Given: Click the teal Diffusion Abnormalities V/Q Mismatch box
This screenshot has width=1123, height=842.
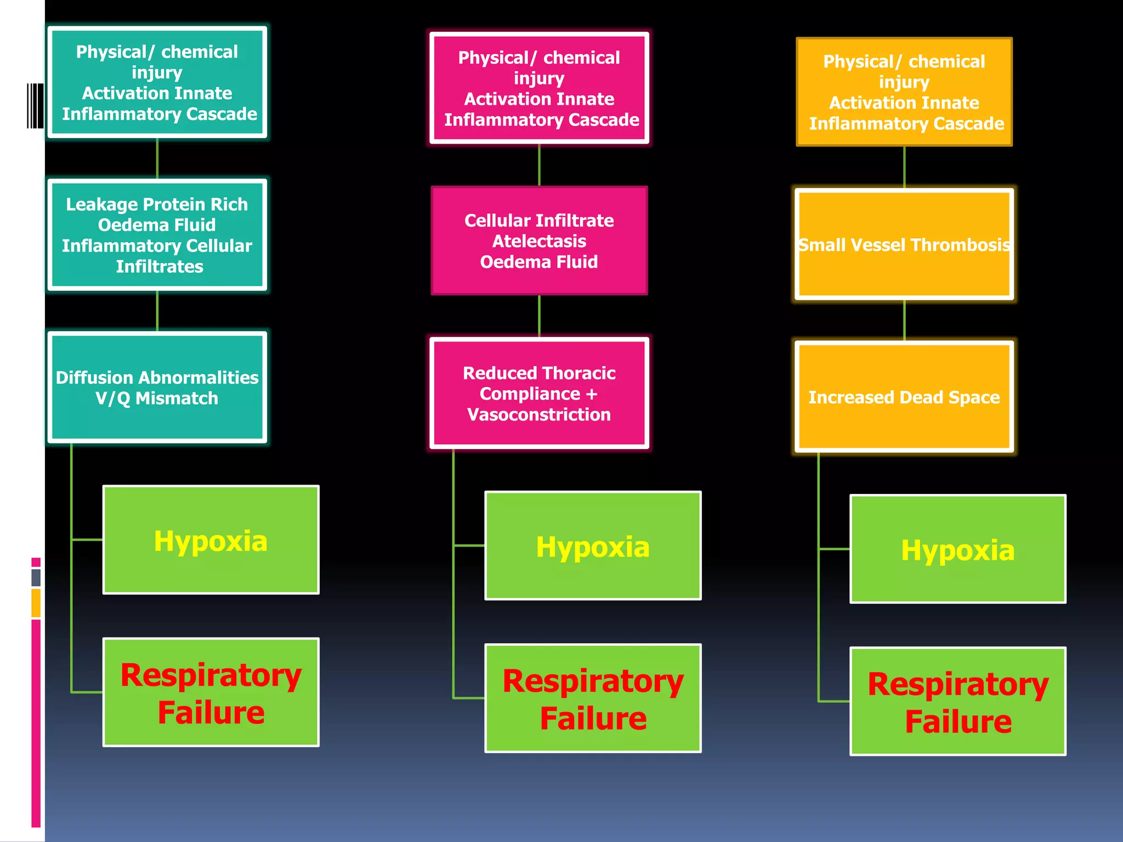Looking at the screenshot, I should coord(157,387).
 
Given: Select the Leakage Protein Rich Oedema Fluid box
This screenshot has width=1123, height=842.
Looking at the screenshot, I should coord(157,235).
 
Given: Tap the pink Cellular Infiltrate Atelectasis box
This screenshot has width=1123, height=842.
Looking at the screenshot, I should coord(539,241).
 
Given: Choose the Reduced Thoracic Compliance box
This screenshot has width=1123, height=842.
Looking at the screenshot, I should coord(539,393).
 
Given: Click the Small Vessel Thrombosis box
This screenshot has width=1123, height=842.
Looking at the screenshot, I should coord(904,244).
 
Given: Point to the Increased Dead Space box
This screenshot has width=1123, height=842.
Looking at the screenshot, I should coord(904,397).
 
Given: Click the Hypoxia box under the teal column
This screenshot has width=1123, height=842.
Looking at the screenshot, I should coord(211,540).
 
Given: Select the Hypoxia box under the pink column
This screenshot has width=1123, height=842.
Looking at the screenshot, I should coord(593,546).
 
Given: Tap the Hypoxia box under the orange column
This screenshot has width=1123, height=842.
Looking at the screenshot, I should coord(957,549).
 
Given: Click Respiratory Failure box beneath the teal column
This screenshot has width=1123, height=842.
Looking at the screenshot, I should coord(211,692).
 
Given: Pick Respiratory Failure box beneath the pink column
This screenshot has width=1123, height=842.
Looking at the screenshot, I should coord(593,698).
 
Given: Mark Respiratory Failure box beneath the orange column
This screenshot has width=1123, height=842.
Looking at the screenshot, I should coord(957,702).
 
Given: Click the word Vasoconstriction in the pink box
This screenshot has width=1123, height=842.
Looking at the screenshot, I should coord(539,414).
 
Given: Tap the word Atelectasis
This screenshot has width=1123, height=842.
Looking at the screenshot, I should coord(539,241).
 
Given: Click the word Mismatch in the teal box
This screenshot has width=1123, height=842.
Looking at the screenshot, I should coord(177,399).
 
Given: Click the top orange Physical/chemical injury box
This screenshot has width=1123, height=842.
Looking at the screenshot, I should coord(904,92).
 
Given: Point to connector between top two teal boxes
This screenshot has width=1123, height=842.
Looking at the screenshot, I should coord(157,158).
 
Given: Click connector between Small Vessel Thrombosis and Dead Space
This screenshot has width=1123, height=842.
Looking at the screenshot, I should coord(904,320).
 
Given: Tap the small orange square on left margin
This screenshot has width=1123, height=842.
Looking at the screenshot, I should coord(36,603).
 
